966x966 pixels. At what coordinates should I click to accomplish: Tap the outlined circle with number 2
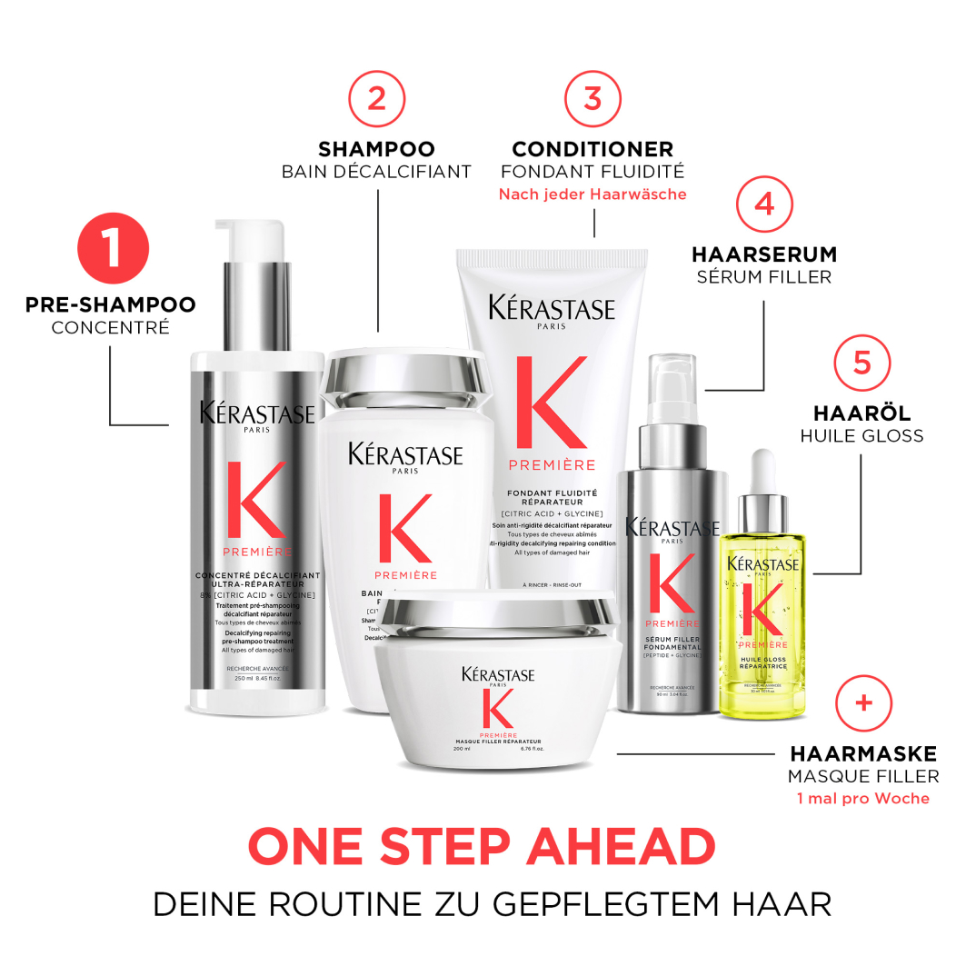pos(376,98)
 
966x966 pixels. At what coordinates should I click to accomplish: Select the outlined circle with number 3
pos(593,98)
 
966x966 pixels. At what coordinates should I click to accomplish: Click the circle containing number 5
pos(861,362)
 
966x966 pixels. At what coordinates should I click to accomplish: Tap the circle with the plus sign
pos(863,702)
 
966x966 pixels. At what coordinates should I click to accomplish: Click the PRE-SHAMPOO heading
pos(110,304)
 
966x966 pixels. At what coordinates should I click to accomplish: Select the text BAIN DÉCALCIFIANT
pos(376,172)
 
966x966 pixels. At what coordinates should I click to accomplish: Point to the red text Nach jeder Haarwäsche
pos(593,194)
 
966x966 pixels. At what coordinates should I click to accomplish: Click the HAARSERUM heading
pos(764,254)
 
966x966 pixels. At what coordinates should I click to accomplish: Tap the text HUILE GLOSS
pos(861,436)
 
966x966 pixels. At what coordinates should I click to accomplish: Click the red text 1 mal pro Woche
pos(863,799)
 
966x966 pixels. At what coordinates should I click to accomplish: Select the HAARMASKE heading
pos(863,753)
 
